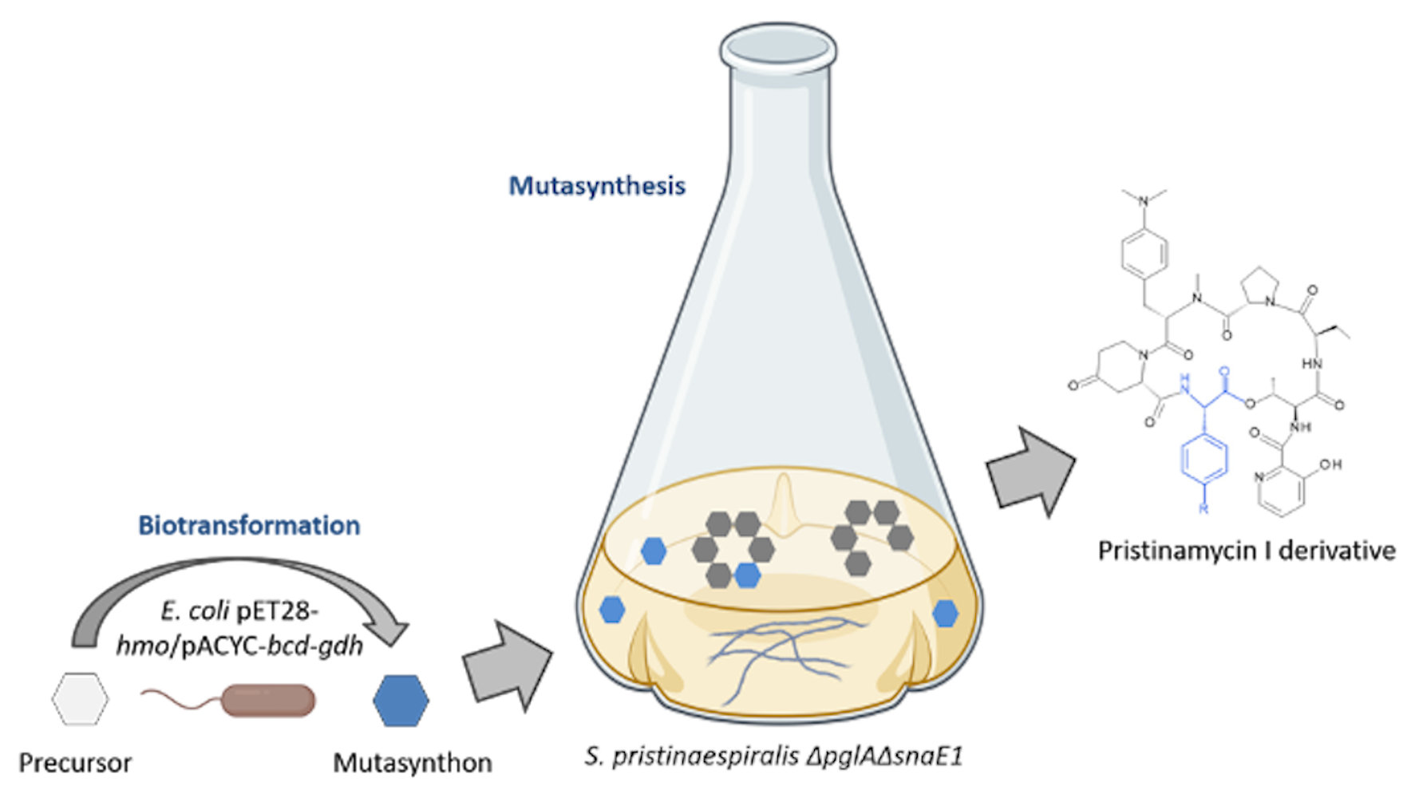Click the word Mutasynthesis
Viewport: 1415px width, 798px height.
coord(597,186)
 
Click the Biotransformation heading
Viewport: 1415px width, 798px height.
coord(249,525)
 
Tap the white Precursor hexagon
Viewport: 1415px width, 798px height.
coord(80,699)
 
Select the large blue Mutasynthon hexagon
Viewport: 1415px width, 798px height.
coord(401,701)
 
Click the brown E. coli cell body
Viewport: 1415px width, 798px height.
coord(268,700)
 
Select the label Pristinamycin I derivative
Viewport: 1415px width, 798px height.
coord(1247,551)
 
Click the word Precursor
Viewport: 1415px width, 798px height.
coord(75,763)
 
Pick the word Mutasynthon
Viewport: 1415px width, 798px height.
coord(412,763)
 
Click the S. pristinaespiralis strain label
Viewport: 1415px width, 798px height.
coord(773,756)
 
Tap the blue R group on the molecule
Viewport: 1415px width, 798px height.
coord(1204,508)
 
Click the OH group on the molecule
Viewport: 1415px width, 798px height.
coord(1330,464)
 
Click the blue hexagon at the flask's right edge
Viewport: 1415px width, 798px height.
coord(945,613)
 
